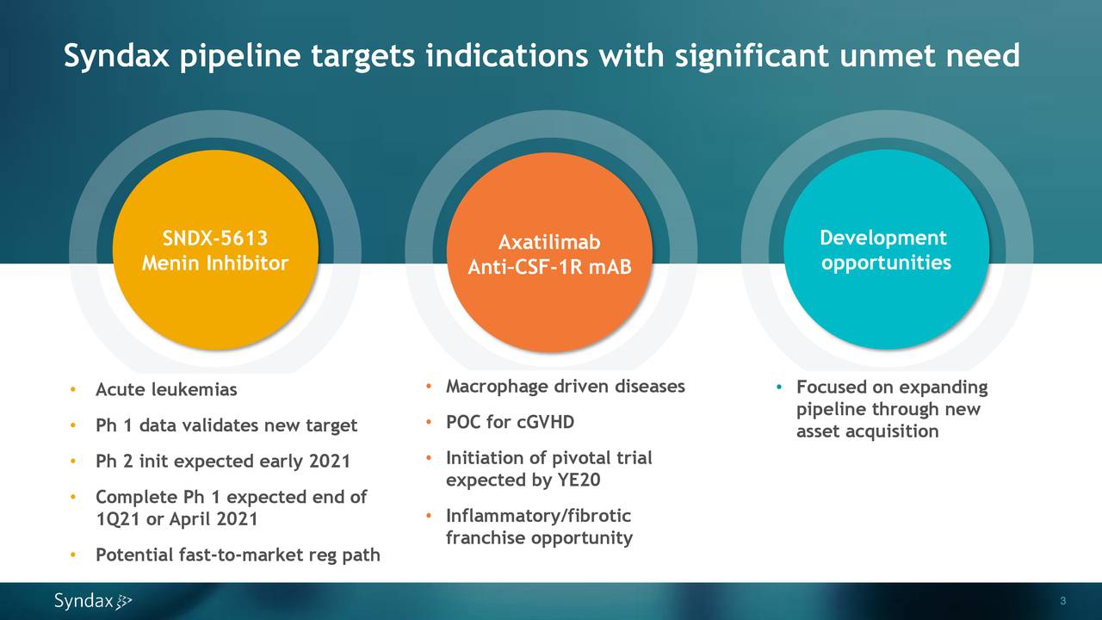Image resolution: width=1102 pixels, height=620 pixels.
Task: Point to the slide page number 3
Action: point(1063,601)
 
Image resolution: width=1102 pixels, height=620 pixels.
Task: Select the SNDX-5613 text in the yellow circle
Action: point(215,239)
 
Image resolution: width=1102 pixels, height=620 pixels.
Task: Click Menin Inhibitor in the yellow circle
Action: point(215,263)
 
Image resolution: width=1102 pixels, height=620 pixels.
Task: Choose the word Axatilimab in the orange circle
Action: point(549,243)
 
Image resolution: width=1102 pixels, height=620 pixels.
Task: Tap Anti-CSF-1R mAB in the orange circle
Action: point(549,269)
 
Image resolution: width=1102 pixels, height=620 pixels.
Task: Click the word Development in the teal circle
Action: point(882,239)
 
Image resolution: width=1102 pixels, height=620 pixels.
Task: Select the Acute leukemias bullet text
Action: point(166,390)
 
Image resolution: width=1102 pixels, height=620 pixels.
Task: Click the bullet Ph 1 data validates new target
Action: point(226,425)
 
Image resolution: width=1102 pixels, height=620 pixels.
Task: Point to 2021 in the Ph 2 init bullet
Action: point(329,462)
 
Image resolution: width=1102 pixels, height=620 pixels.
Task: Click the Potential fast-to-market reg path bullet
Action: point(238,555)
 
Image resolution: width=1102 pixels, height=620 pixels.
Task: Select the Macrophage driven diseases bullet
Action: point(565,387)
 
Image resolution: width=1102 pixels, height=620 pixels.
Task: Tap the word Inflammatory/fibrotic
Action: point(538,516)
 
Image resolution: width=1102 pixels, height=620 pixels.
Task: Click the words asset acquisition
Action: point(867,431)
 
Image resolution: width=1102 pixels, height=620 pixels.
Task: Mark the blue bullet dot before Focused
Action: point(777,387)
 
